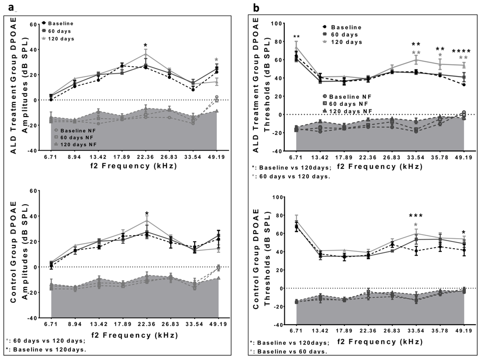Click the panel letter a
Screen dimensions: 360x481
5,8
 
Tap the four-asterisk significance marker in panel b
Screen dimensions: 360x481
462,51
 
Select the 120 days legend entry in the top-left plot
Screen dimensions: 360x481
60,39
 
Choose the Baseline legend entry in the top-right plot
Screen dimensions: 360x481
346,27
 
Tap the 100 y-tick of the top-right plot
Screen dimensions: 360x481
275,23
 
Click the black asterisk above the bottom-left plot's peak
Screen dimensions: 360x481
147,213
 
